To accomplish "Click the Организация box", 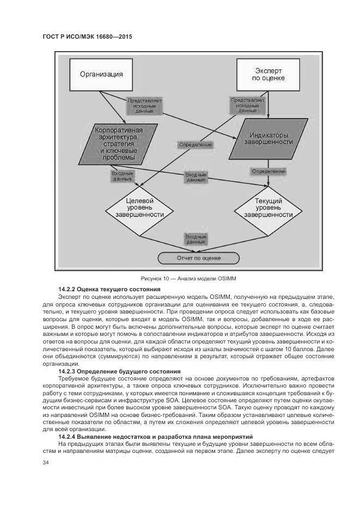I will click(101, 74).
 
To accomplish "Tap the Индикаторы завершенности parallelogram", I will click(267, 138).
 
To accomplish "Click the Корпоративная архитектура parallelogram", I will click(118, 144).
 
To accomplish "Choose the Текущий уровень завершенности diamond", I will click(267, 207).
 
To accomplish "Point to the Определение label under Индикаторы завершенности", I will click(268, 171).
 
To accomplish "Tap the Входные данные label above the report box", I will click(196, 240).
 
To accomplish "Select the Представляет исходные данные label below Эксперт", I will click(248, 105).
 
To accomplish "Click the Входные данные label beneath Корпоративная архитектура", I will click(123, 176).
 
